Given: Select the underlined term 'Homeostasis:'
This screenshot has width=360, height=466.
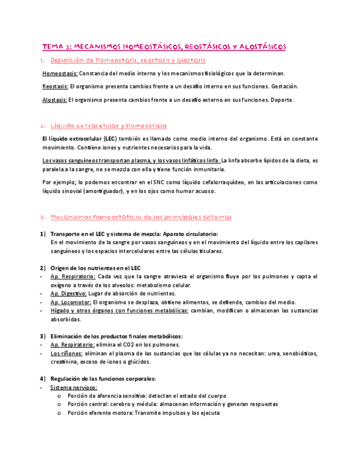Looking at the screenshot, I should [60, 73].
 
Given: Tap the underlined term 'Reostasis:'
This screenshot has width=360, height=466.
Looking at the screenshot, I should [56, 86].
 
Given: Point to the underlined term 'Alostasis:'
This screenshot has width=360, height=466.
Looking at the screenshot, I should [55, 100].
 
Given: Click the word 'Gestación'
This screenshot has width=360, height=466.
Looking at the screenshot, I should [285, 86].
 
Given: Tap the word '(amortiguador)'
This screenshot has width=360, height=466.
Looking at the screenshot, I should [99, 192].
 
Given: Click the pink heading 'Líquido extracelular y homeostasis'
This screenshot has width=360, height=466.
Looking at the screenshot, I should [108, 126].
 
